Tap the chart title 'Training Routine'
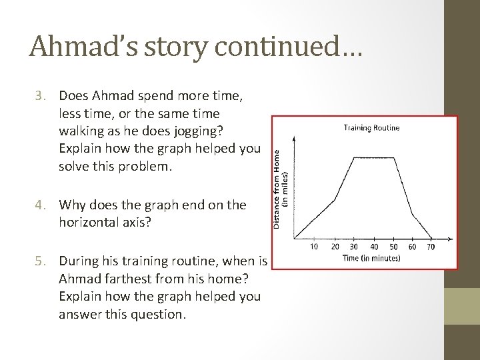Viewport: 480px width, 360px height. (371, 127)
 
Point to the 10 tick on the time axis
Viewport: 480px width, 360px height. (314, 247)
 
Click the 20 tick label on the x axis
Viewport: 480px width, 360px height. (334, 247)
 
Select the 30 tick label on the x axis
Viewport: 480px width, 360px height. (353, 247)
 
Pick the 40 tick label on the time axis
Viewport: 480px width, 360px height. (373, 247)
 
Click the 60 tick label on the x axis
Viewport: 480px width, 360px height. (412, 247)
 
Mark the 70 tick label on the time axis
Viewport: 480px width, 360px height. (431, 247)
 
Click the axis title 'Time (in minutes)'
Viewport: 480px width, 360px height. (371, 258)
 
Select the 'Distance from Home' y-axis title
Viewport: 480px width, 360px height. (277, 188)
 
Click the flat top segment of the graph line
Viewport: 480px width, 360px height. (373, 158)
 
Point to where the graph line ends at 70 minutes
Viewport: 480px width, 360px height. (431, 238)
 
